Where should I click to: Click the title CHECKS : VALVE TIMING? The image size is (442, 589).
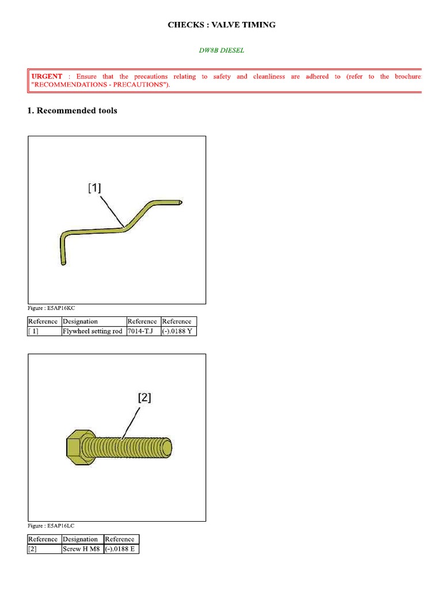point(222,25)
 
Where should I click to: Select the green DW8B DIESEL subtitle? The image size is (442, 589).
point(222,50)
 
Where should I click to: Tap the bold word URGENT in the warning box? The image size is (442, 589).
point(47,77)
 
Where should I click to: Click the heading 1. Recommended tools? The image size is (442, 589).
point(72,110)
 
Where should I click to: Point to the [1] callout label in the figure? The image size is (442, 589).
point(94,188)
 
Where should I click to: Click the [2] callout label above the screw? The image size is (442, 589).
point(144,397)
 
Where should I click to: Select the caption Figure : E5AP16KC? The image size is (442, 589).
point(51,308)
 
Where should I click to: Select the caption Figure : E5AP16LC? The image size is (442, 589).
point(51,526)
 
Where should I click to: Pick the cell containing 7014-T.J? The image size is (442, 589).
point(142,331)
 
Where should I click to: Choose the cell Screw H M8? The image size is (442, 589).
point(81,549)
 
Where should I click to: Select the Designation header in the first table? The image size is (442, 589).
point(80,322)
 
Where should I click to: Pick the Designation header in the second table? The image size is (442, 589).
point(80,540)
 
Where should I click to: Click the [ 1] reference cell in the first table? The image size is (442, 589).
point(33,331)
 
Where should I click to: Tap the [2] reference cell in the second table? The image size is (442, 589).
point(33,549)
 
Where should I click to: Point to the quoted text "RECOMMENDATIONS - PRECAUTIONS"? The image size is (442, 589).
point(104,85)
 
